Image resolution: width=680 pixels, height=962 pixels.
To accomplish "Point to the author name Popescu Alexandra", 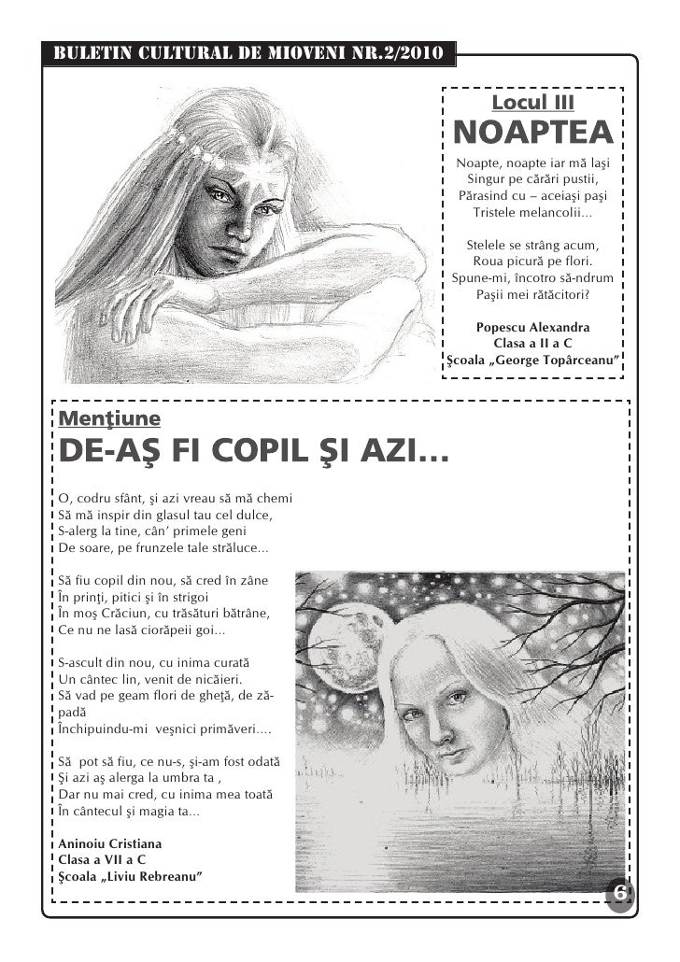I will tap(532, 328).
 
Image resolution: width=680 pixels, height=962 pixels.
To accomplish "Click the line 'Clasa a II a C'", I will tap(532, 344).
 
